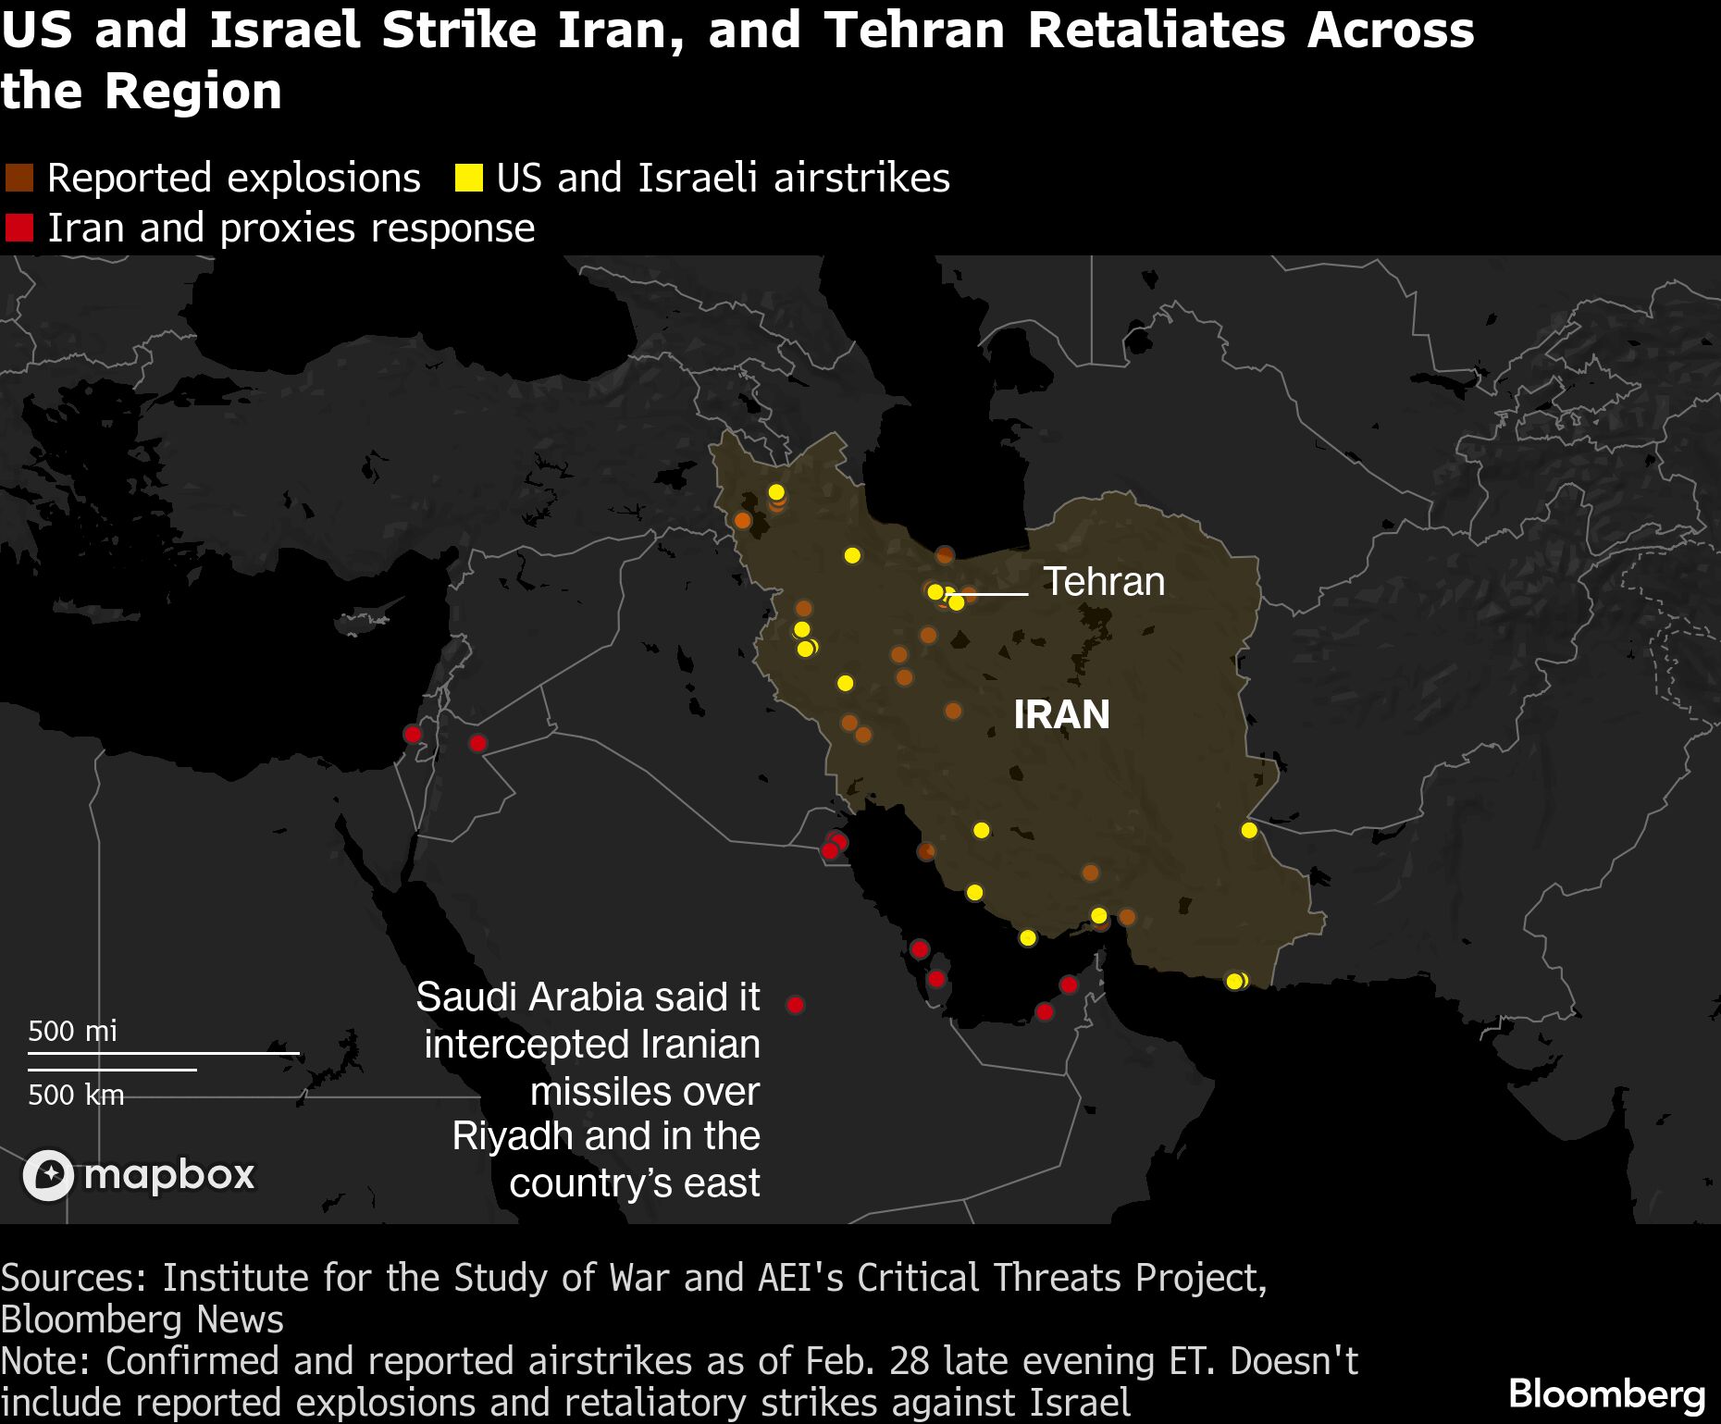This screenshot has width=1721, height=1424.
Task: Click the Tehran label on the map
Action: pyautogui.click(x=1104, y=582)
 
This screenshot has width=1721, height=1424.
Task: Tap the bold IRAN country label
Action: pyautogui.click(x=1061, y=714)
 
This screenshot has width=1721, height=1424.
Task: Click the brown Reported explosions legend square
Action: pyautogui.click(x=19, y=178)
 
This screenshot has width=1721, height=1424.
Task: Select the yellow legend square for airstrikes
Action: pyautogui.click(x=468, y=178)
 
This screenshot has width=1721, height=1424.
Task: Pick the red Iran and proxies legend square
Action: pyautogui.click(x=19, y=228)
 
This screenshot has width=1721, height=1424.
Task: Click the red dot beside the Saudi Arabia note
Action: pyautogui.click(x=795, y=1004)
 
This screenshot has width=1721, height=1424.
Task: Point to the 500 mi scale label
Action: pyautogui.click(x=72, y=1031)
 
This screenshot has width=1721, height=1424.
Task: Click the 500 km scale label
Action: pyautogui.click(x=75, y=1095)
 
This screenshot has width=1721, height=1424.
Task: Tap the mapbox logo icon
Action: pyautogui.click(x=48, y=1175)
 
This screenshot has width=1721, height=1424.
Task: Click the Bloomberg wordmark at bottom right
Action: pyautogui.click(x=1606, y=1393)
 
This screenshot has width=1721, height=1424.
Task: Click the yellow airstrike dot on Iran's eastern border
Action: pyautogui.click(x=1249, y=830)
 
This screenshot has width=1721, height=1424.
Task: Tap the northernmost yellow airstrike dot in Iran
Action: pyautogui.click(x=776, y=491)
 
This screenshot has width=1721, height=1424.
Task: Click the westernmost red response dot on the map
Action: pyautogui.click(x=413, y=734)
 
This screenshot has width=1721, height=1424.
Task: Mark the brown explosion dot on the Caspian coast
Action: pyautogui.click(x=945, y=554)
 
